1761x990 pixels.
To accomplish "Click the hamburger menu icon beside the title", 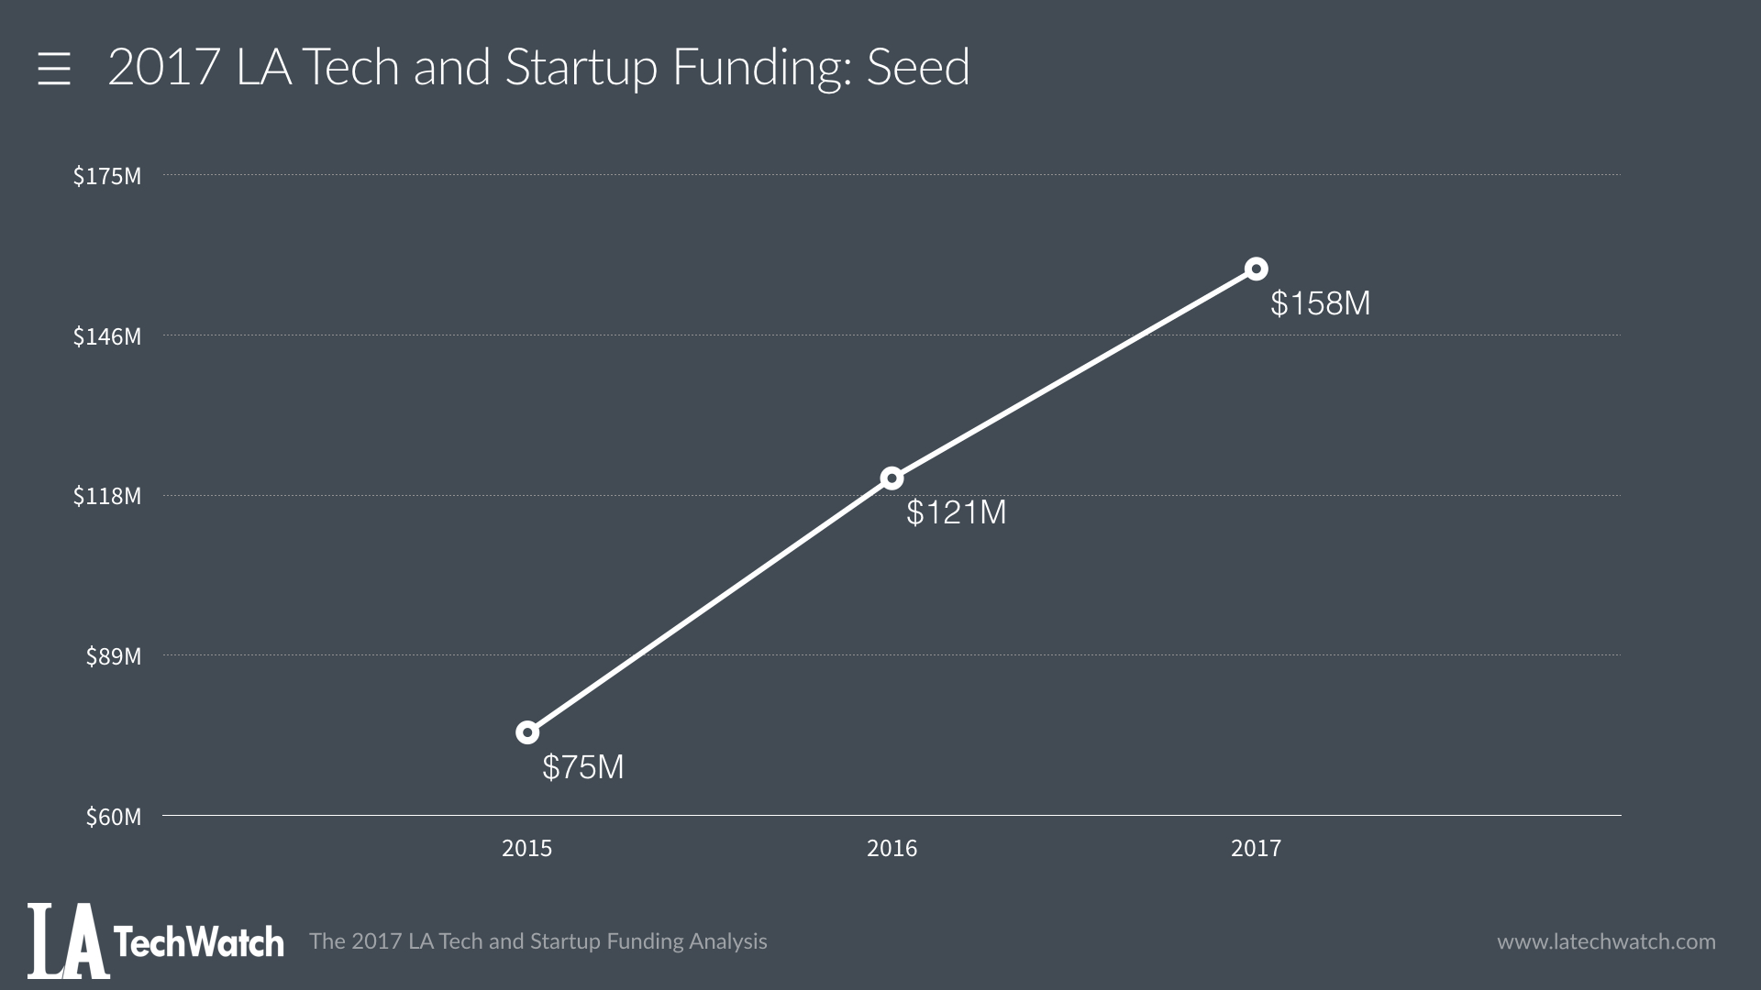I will click(54, 69).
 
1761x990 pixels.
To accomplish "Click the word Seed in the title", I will click(917, 68).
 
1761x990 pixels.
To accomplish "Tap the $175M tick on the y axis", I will click(107, 176).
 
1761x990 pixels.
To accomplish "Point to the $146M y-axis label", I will click(107, 336).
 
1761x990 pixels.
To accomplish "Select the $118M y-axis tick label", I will click(107, 496).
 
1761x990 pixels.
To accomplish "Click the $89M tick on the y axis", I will click(114, 656).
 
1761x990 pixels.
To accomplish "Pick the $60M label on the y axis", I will click(114, 817).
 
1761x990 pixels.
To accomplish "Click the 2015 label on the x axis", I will click(527, 849).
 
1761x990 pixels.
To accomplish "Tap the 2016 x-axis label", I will click(892, 849).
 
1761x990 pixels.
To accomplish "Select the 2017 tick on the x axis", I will click(1256, 849).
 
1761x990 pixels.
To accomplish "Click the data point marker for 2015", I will click(527, 732).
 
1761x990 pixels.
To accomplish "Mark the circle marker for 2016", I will click(892, 478).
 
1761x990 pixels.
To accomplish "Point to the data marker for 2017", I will click(1256, 269).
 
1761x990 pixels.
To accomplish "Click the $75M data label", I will click(582, 767).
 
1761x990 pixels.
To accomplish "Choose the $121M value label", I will click(956, 512).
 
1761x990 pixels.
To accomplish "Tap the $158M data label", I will click(1320, 303).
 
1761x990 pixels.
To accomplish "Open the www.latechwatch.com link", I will click(1606, 941).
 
